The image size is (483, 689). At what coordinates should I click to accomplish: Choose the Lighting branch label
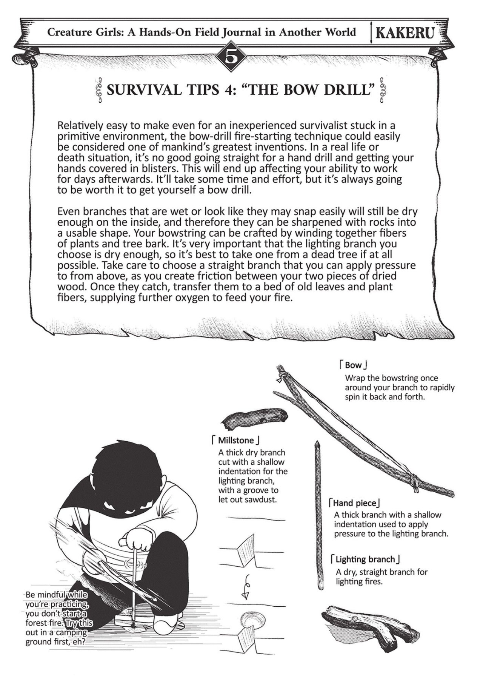tap(365, 559)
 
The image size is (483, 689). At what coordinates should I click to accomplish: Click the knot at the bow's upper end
tap(281, 376)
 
